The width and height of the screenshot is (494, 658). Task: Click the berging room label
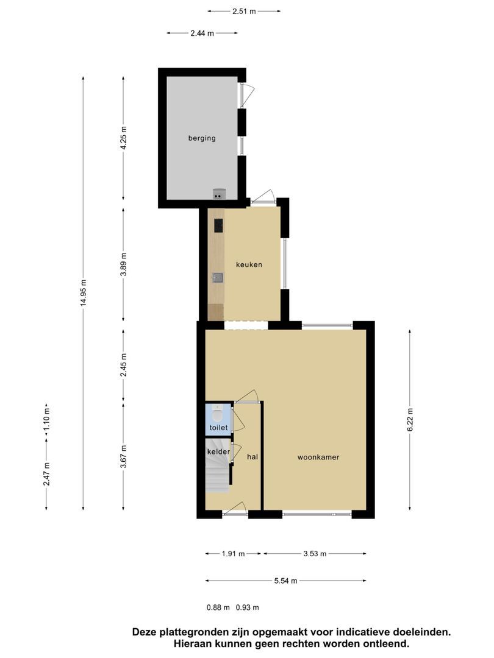202,138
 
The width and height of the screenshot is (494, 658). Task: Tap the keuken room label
249,264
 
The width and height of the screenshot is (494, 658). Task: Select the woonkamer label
318,457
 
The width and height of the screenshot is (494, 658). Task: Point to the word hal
252,456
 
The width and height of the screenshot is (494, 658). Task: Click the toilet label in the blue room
218,428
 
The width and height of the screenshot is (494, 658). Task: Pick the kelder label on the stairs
218,451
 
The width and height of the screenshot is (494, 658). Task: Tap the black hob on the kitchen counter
218,225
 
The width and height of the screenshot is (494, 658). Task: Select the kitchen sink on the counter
218,277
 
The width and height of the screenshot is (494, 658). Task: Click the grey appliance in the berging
219,194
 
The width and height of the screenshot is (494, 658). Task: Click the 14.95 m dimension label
84,292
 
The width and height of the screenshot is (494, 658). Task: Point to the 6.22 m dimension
410,419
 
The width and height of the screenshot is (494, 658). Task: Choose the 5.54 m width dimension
285,581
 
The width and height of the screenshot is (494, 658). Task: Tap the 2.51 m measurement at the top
244,12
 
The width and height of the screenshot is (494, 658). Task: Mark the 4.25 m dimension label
123,138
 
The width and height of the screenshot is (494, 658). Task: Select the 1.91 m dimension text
233,553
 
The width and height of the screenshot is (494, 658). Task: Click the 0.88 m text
218,607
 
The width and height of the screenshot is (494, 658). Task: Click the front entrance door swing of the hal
236,508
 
